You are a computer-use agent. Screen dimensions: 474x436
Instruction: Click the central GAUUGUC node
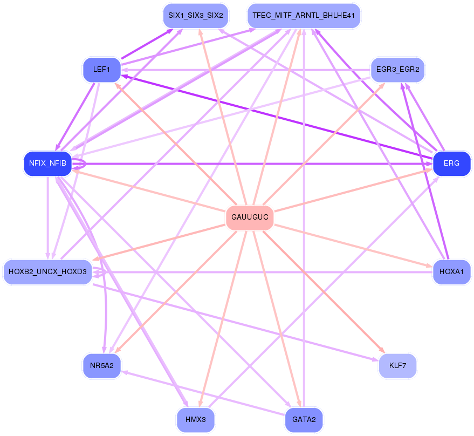tap(250, 217)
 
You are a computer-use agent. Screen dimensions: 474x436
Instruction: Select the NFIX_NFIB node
tap(48, 163)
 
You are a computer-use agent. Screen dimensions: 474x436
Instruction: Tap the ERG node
tap(452, 163)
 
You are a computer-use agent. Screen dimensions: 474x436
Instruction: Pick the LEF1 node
tap(102, 70)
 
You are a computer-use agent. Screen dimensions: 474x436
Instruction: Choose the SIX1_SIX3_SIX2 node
tap(196, 16)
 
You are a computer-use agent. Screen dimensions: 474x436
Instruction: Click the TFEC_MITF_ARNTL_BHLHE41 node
tap(304, 16)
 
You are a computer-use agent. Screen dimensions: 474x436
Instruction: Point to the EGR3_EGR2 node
tap(397, 70)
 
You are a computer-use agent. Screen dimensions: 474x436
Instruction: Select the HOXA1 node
tap(452, 272)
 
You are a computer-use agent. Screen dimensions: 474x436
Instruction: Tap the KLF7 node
tap(397, 365)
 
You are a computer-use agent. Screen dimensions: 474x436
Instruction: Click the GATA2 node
tap(304, 420)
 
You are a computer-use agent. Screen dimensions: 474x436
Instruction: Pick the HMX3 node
tap(196, 420)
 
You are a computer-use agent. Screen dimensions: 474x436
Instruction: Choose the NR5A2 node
tap(102, 365)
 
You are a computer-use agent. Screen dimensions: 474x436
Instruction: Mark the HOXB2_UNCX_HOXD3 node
tap(48, 272)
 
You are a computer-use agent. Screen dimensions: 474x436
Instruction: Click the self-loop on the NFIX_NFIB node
tap(80, 163)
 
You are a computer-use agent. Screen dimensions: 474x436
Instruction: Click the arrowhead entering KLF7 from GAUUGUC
tap(382, 350)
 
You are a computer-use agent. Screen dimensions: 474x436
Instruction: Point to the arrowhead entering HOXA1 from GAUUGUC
tap(429, 265)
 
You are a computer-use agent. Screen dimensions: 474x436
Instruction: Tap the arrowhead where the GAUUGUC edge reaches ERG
tap(429, 170)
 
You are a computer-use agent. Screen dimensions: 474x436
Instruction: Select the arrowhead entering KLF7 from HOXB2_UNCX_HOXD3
tap(375, 359)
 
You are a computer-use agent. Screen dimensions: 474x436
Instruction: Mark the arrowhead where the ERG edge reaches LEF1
tap(125, 76)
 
